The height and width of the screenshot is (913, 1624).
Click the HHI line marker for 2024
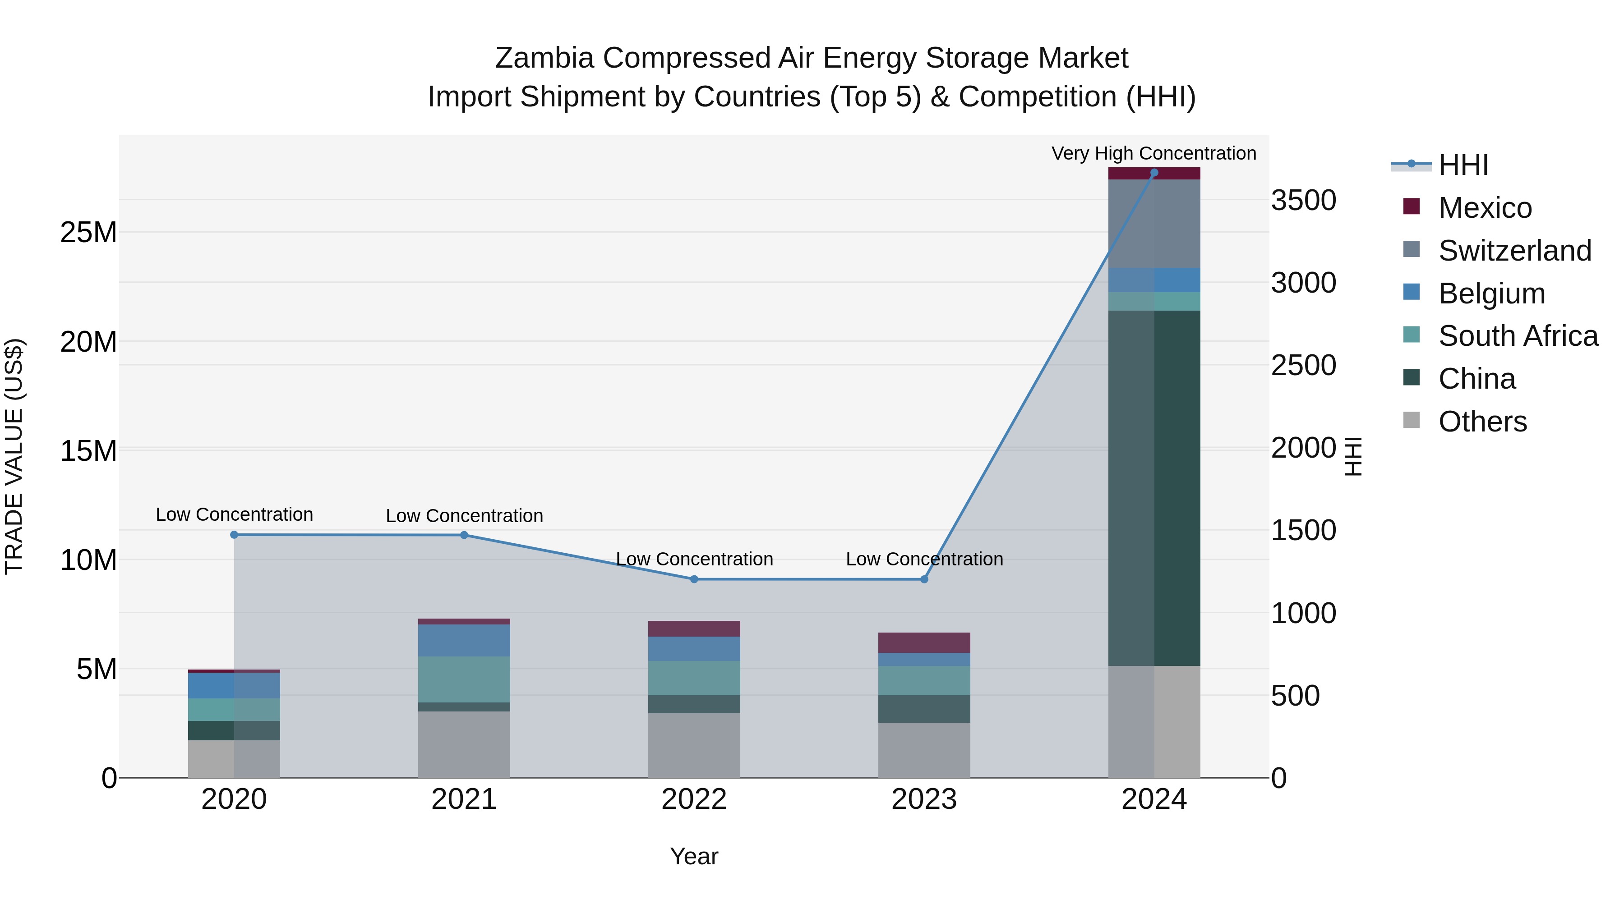click(1153, 173)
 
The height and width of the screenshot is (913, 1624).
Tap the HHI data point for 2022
click(694, 579)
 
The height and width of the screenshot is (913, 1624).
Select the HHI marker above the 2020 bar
click(234, 535)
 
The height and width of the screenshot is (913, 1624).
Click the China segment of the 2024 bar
click(1153, 488)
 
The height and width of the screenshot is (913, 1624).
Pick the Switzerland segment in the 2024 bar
click(1153, 224)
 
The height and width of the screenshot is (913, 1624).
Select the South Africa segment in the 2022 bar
click(694, 678)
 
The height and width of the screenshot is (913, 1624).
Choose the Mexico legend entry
click(1485, 208)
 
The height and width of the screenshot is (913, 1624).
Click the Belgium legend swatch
click(1412, 292)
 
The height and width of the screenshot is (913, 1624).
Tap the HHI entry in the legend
click(1463, 165)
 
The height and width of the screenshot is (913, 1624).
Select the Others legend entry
click(1481, 422)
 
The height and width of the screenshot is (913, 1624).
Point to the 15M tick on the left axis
click(88, 452)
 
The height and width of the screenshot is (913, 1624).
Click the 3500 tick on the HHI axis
click(1303, 201)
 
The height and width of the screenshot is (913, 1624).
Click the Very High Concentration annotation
click(1153, 153)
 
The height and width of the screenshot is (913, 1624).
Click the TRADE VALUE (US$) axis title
click(14, 456)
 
